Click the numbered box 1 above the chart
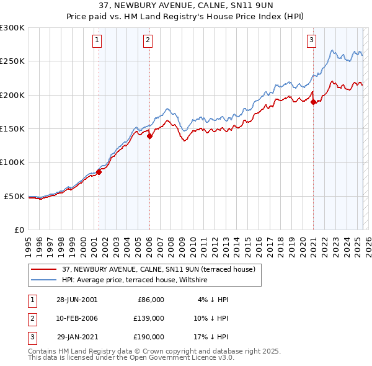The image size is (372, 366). click(98, 41)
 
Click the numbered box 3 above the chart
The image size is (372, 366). click(311, 41)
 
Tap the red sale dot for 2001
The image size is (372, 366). click(99, 172)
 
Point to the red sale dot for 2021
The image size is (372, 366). click(313, 102)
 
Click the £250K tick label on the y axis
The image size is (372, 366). click(12, 61)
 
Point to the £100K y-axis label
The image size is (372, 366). click(12, 163)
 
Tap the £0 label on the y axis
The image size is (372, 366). click(19, 230)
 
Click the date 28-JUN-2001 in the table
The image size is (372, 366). click(77, 300)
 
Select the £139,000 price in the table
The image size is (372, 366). click(148, 318)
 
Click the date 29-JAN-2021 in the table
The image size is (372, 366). click(77, 337)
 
